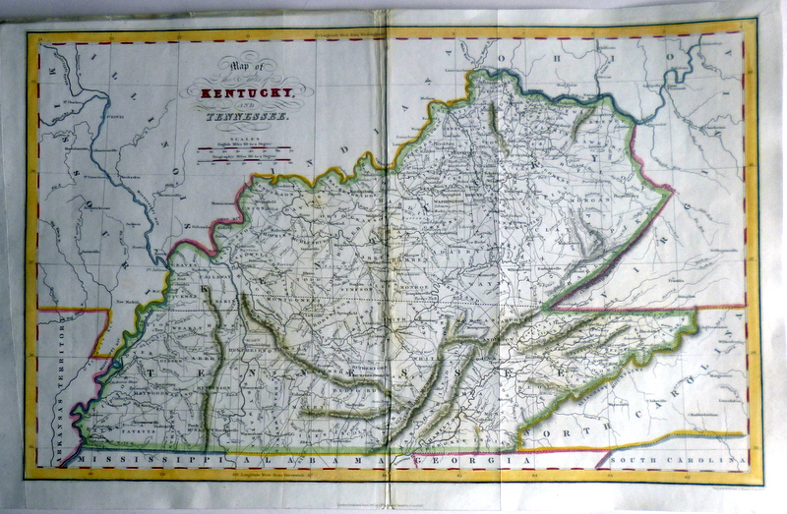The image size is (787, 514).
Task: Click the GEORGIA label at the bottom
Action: click(x=462, y=459)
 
